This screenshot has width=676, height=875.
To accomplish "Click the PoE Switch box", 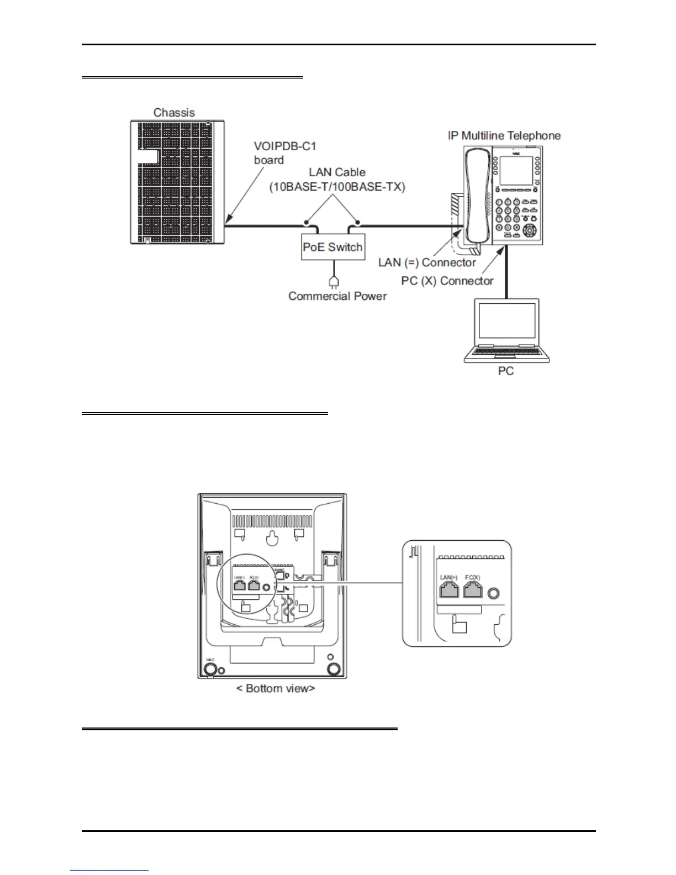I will coord(332,247).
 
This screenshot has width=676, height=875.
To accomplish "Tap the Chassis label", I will coord(174,113).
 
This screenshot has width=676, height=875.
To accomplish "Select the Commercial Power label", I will coord(337,296).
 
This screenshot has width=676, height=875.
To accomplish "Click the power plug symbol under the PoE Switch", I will coord(333,281).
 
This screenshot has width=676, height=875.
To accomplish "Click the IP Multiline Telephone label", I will coord(504,135).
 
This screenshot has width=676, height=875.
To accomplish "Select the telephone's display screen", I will coord(516,171).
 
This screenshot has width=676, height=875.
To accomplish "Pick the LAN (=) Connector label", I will coord(426,262).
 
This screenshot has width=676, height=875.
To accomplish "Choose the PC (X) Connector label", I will coord(447,281).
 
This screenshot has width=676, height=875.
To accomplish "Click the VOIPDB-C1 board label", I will coord(284,153).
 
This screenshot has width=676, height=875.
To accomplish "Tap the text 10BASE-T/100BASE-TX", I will coord(337,187).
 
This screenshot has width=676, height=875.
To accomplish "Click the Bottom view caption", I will coord(276,688).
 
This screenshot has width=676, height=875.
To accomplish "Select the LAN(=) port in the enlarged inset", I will coord(449,591).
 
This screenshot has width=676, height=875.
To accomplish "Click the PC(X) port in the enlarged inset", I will coord(473,591).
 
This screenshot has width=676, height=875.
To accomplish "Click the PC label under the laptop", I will coord(506,371).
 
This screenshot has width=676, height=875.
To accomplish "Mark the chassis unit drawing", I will coord(177,182).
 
